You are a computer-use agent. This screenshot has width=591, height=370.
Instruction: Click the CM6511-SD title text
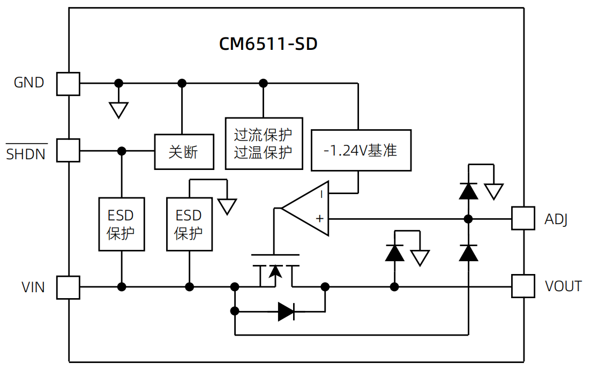268,43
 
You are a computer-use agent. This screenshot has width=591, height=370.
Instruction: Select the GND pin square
68,84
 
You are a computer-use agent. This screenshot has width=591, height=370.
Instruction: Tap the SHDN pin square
68,150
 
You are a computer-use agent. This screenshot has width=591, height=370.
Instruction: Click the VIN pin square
68,287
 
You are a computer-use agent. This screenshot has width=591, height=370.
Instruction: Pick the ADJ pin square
523,218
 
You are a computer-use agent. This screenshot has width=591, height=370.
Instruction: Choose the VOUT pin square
523,286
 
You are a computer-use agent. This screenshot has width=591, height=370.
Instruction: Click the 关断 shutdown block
184,152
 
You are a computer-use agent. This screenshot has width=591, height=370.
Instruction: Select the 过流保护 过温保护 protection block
264,143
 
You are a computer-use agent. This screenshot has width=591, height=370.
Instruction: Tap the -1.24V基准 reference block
361,150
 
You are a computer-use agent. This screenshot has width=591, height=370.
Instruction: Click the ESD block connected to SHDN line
122,224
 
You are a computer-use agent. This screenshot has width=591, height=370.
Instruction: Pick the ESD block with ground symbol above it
189,224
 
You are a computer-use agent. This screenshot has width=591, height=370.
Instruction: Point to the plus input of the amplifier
320,218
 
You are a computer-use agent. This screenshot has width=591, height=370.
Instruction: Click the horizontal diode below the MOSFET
286,311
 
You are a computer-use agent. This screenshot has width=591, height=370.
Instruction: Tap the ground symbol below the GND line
118,109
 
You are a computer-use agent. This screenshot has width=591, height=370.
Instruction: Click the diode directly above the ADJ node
468,191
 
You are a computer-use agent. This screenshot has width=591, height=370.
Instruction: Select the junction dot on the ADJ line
468,218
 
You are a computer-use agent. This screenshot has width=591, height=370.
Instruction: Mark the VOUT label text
563,286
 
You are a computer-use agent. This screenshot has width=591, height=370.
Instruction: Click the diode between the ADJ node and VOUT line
468,252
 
